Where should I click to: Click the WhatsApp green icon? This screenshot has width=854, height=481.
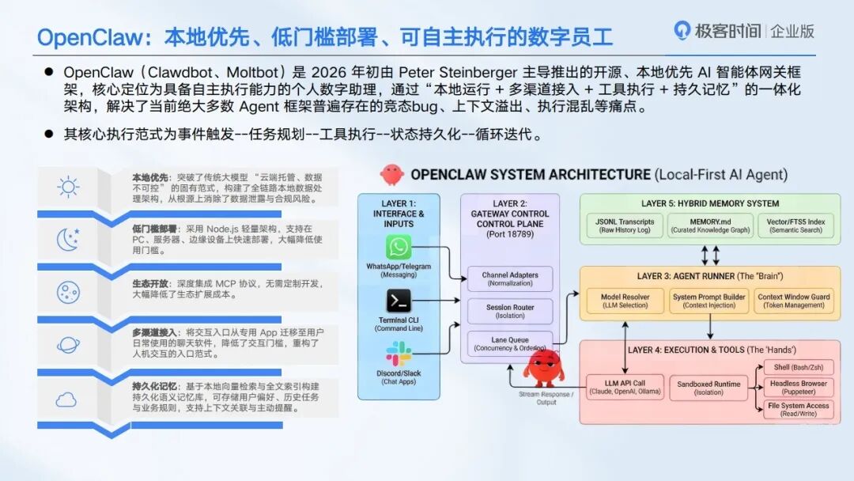click(x=399, y=248)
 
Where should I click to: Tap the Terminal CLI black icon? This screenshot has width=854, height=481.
click(x=399, y=301)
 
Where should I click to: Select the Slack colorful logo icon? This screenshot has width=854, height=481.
click(x=399, y=354)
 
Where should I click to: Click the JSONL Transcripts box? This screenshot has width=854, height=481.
click(x=625, y=225)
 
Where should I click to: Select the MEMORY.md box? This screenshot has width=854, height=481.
click(x=709, y=225)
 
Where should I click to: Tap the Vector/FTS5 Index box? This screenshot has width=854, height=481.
click(x=795, y=225)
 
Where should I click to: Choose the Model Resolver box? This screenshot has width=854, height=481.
click(x=625, y=301)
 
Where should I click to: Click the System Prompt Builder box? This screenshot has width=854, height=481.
click(x=709, y=301)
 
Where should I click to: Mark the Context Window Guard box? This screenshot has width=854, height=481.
click(x=793, y=301)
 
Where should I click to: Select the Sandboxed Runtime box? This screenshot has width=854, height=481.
click(x=709, y=387)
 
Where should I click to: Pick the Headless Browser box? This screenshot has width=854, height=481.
click(x=798, y=387)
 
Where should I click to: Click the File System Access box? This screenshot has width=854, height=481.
click(x=798, y=409)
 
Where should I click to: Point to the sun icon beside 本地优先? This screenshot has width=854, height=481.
click(x=68, y=187)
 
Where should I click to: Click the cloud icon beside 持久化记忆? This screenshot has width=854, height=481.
click(x=66, y=400)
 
